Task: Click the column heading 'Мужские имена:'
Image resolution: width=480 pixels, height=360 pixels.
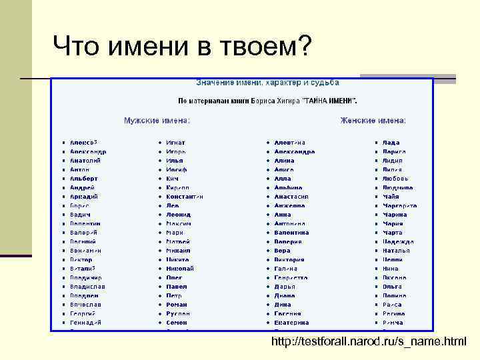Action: click(x=157, y=121)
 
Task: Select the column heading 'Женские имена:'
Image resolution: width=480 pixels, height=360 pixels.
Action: click(x=373, y=121)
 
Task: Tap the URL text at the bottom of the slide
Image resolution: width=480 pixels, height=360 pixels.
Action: click(x=369, y=342)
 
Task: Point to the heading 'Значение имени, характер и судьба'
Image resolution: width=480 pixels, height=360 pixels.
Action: click(x=267, y=83)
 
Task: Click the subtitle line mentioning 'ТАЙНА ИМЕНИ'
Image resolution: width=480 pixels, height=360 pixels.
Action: click(x=267, y=101)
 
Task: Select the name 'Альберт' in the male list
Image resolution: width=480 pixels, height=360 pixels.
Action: click(x=84, y=179)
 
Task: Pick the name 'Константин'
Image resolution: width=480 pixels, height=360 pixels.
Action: click(x=185, y=197)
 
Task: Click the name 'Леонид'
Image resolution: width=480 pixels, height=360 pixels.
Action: click(x=178, y=215)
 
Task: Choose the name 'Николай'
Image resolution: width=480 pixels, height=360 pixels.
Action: click(x=180, y=269)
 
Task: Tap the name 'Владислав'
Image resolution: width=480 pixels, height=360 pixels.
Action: click(x=87, y=287)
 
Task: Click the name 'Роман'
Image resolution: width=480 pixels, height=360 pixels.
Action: click(x=177, y=305)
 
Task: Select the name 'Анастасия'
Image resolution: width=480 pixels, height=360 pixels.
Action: click(x=291, y=197)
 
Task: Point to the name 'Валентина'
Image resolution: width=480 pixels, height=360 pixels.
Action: click(x=291, y=233)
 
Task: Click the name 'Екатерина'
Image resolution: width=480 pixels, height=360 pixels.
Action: click(x=291, y=323)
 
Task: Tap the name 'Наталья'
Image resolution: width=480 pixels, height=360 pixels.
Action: click(x=396, y=251)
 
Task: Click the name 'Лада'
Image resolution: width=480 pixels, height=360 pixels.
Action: click(x=391, y=143)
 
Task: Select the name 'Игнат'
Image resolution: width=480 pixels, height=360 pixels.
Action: click(x=176, y=143)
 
